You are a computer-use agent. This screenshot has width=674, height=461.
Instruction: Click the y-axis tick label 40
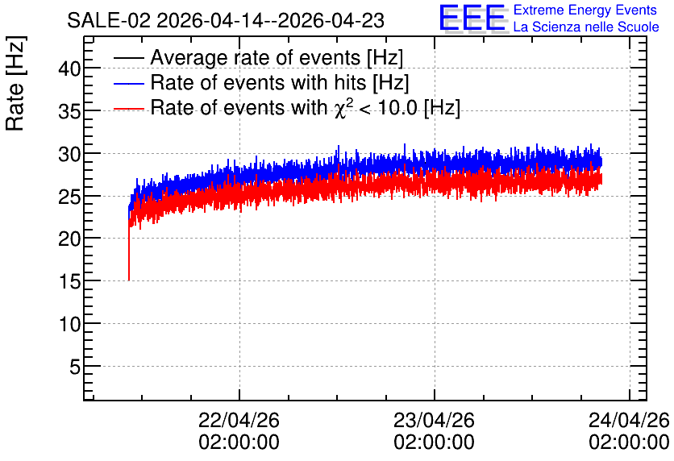69,69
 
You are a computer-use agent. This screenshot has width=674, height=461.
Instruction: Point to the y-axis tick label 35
69,112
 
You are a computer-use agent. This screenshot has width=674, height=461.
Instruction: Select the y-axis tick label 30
69,154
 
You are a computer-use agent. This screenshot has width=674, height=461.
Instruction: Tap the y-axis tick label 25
69,197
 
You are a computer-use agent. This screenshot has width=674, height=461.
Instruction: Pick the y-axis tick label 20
69,239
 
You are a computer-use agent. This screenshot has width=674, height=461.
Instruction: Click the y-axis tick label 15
69,282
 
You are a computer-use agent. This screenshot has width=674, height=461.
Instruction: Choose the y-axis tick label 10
69,324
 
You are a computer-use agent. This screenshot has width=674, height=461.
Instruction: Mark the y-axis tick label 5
75,368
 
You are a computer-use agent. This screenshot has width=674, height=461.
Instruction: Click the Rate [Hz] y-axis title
15,83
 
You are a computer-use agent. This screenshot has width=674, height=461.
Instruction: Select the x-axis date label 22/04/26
239,420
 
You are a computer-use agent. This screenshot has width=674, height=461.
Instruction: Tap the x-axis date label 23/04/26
434,420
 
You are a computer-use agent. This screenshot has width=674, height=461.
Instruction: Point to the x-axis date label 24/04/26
629,420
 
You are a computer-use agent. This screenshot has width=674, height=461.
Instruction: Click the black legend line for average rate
128,58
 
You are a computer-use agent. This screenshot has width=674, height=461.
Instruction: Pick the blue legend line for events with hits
128,83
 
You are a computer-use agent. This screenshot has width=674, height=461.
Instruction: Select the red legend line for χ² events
128,109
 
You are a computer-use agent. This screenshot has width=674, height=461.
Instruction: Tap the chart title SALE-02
109,21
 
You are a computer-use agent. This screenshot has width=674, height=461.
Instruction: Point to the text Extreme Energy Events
585,10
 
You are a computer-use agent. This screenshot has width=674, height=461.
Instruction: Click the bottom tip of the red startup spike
129,280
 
